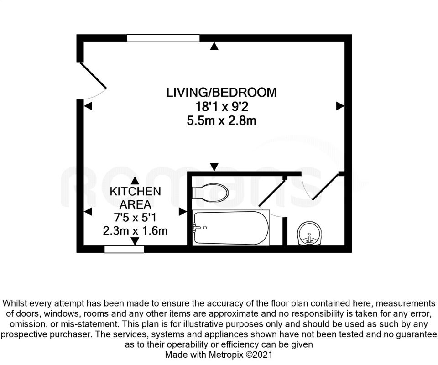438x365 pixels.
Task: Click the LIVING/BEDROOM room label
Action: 222,93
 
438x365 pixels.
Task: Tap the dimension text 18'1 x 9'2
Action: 222,107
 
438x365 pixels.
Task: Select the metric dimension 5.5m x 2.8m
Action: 222,121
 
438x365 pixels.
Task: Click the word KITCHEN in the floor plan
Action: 135,191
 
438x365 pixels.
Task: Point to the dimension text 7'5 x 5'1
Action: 135,217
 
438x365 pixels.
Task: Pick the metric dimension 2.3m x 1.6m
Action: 135,230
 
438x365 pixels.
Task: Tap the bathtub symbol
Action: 230,228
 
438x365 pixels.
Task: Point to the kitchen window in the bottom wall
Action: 124,249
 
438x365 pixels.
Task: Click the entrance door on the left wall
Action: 93,80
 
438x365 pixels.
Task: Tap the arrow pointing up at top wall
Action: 214,46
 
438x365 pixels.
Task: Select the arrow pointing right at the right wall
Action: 339,106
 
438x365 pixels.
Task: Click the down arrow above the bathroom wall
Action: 214,167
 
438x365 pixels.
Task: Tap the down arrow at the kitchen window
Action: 135,241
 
